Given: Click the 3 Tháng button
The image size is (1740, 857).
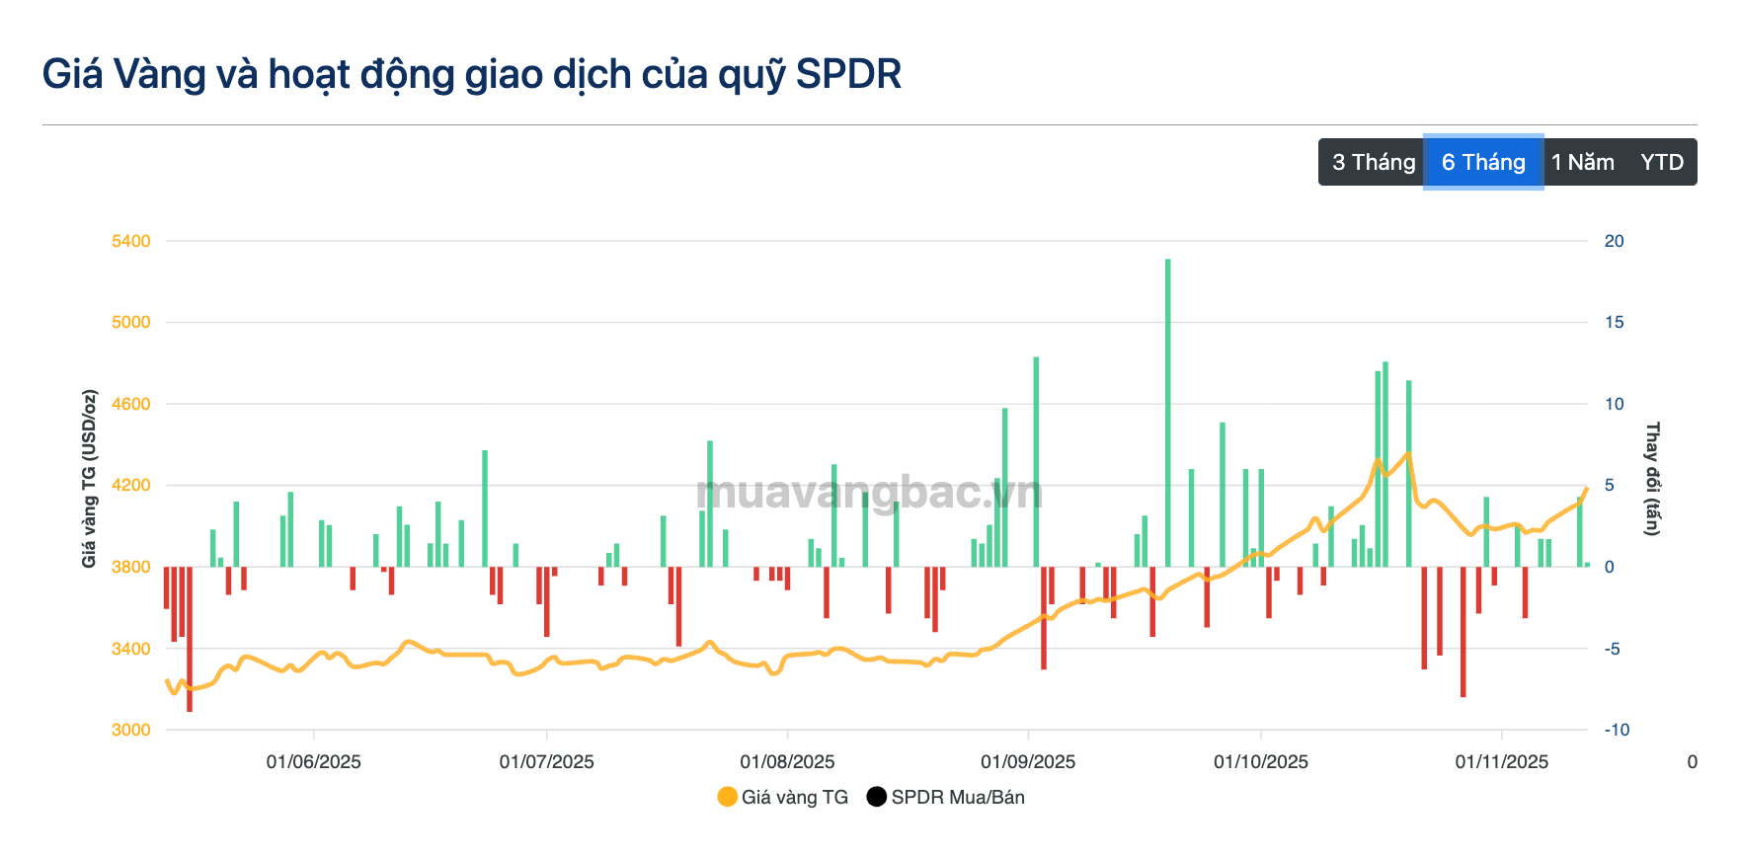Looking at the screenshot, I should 1373,162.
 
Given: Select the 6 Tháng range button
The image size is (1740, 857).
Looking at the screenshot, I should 1483,162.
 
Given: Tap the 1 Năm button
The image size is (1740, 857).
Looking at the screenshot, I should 1583,162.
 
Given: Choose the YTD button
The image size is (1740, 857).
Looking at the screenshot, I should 1662,162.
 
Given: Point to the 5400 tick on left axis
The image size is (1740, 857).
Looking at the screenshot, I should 130,241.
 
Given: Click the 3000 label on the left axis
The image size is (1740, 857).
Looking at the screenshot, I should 130,730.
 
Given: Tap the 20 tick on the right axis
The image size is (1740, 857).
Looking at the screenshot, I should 1614,241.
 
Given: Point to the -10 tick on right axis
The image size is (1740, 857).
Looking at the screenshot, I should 1617,730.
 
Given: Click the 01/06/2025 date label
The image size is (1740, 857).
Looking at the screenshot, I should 313,761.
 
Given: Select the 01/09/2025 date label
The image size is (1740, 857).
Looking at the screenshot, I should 1028,761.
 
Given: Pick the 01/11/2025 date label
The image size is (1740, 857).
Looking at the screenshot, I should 1501,761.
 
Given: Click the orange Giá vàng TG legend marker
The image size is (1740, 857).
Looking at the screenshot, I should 728,797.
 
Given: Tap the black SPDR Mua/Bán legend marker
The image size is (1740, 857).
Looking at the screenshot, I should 876,797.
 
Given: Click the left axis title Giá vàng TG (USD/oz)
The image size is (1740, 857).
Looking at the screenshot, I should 89,479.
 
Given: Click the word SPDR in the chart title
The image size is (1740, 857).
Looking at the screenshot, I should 848,74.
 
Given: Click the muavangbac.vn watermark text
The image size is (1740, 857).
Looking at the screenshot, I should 869,492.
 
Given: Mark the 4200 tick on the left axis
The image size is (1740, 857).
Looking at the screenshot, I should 130,485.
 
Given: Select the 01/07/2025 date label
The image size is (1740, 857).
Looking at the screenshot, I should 546,761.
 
